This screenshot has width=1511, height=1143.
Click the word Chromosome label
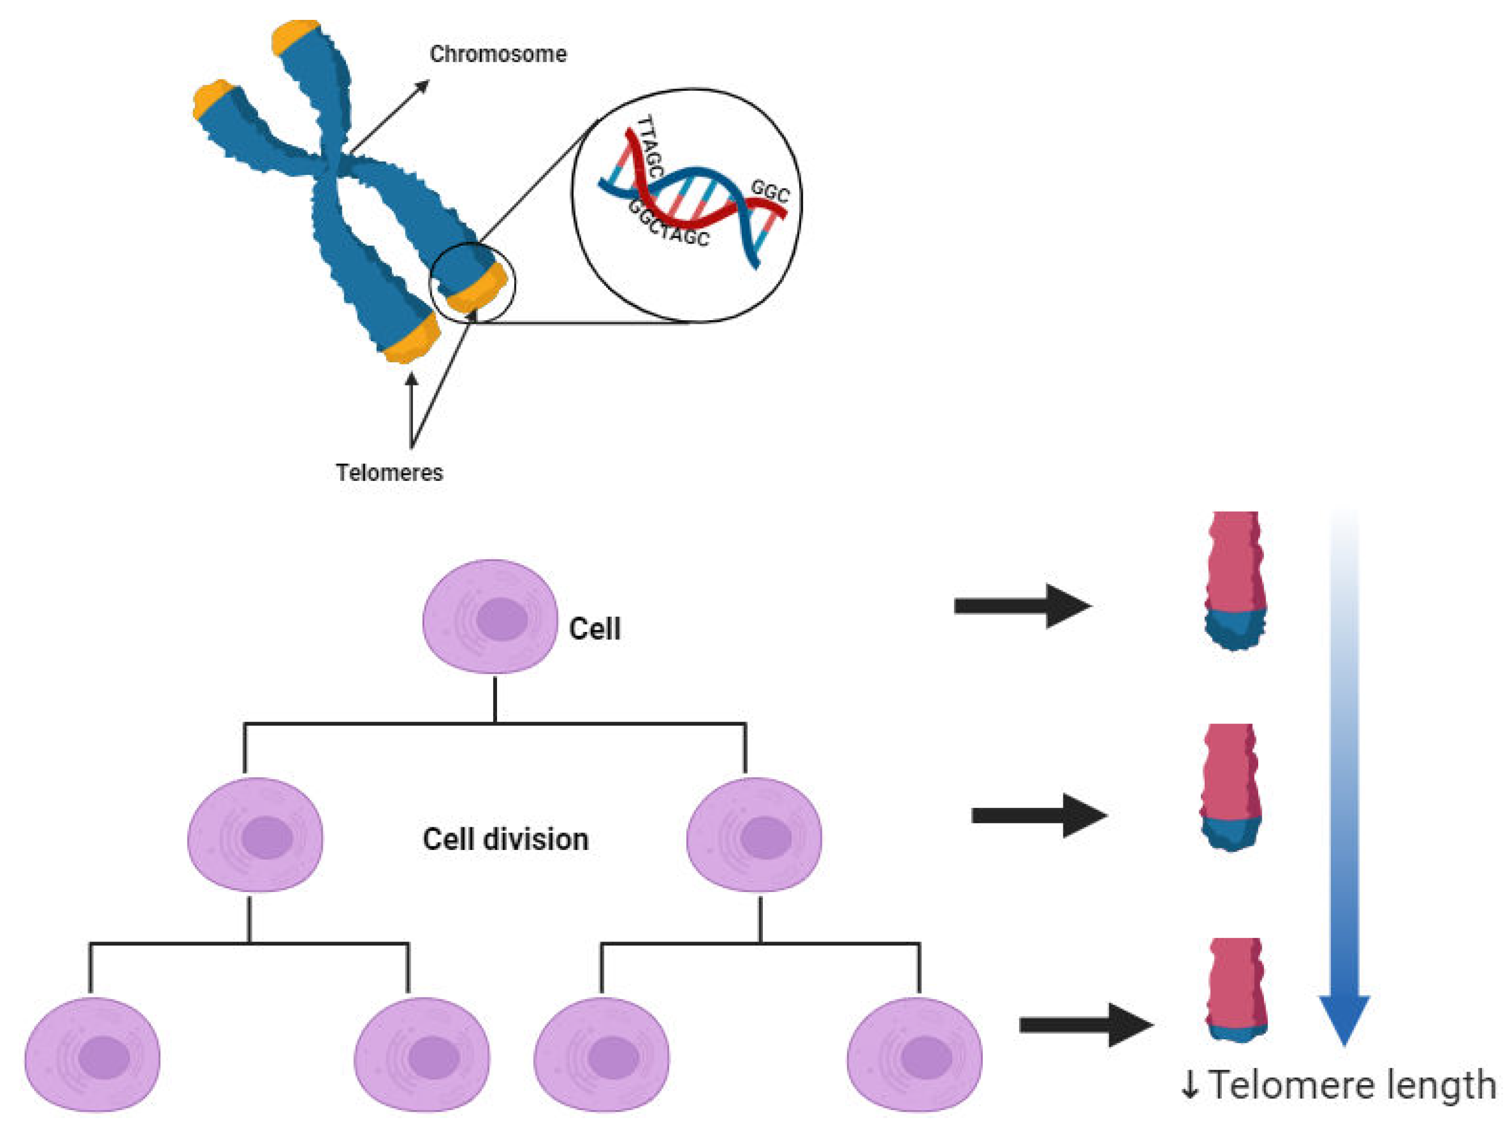coord(498,54)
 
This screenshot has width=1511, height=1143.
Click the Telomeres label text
coord(389,472)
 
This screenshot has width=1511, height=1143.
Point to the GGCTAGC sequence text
coord(668,225)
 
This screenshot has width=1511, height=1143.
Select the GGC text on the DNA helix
coord(770,191)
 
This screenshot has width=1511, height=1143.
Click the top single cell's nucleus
coord(502,619)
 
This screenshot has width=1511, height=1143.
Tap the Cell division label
coord(506,839)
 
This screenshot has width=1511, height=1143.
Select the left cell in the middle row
coord(255,834)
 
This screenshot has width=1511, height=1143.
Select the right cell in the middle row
coord(754,834)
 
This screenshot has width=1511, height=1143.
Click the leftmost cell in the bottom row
coord(92,1054)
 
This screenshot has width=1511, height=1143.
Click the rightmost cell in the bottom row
coord(915,1054)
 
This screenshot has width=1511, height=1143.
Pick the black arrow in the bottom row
coord(1086,1025)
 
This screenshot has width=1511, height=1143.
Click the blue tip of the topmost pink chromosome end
coord(1235,630)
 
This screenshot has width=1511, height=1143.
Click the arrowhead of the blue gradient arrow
coord(1343,1018)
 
